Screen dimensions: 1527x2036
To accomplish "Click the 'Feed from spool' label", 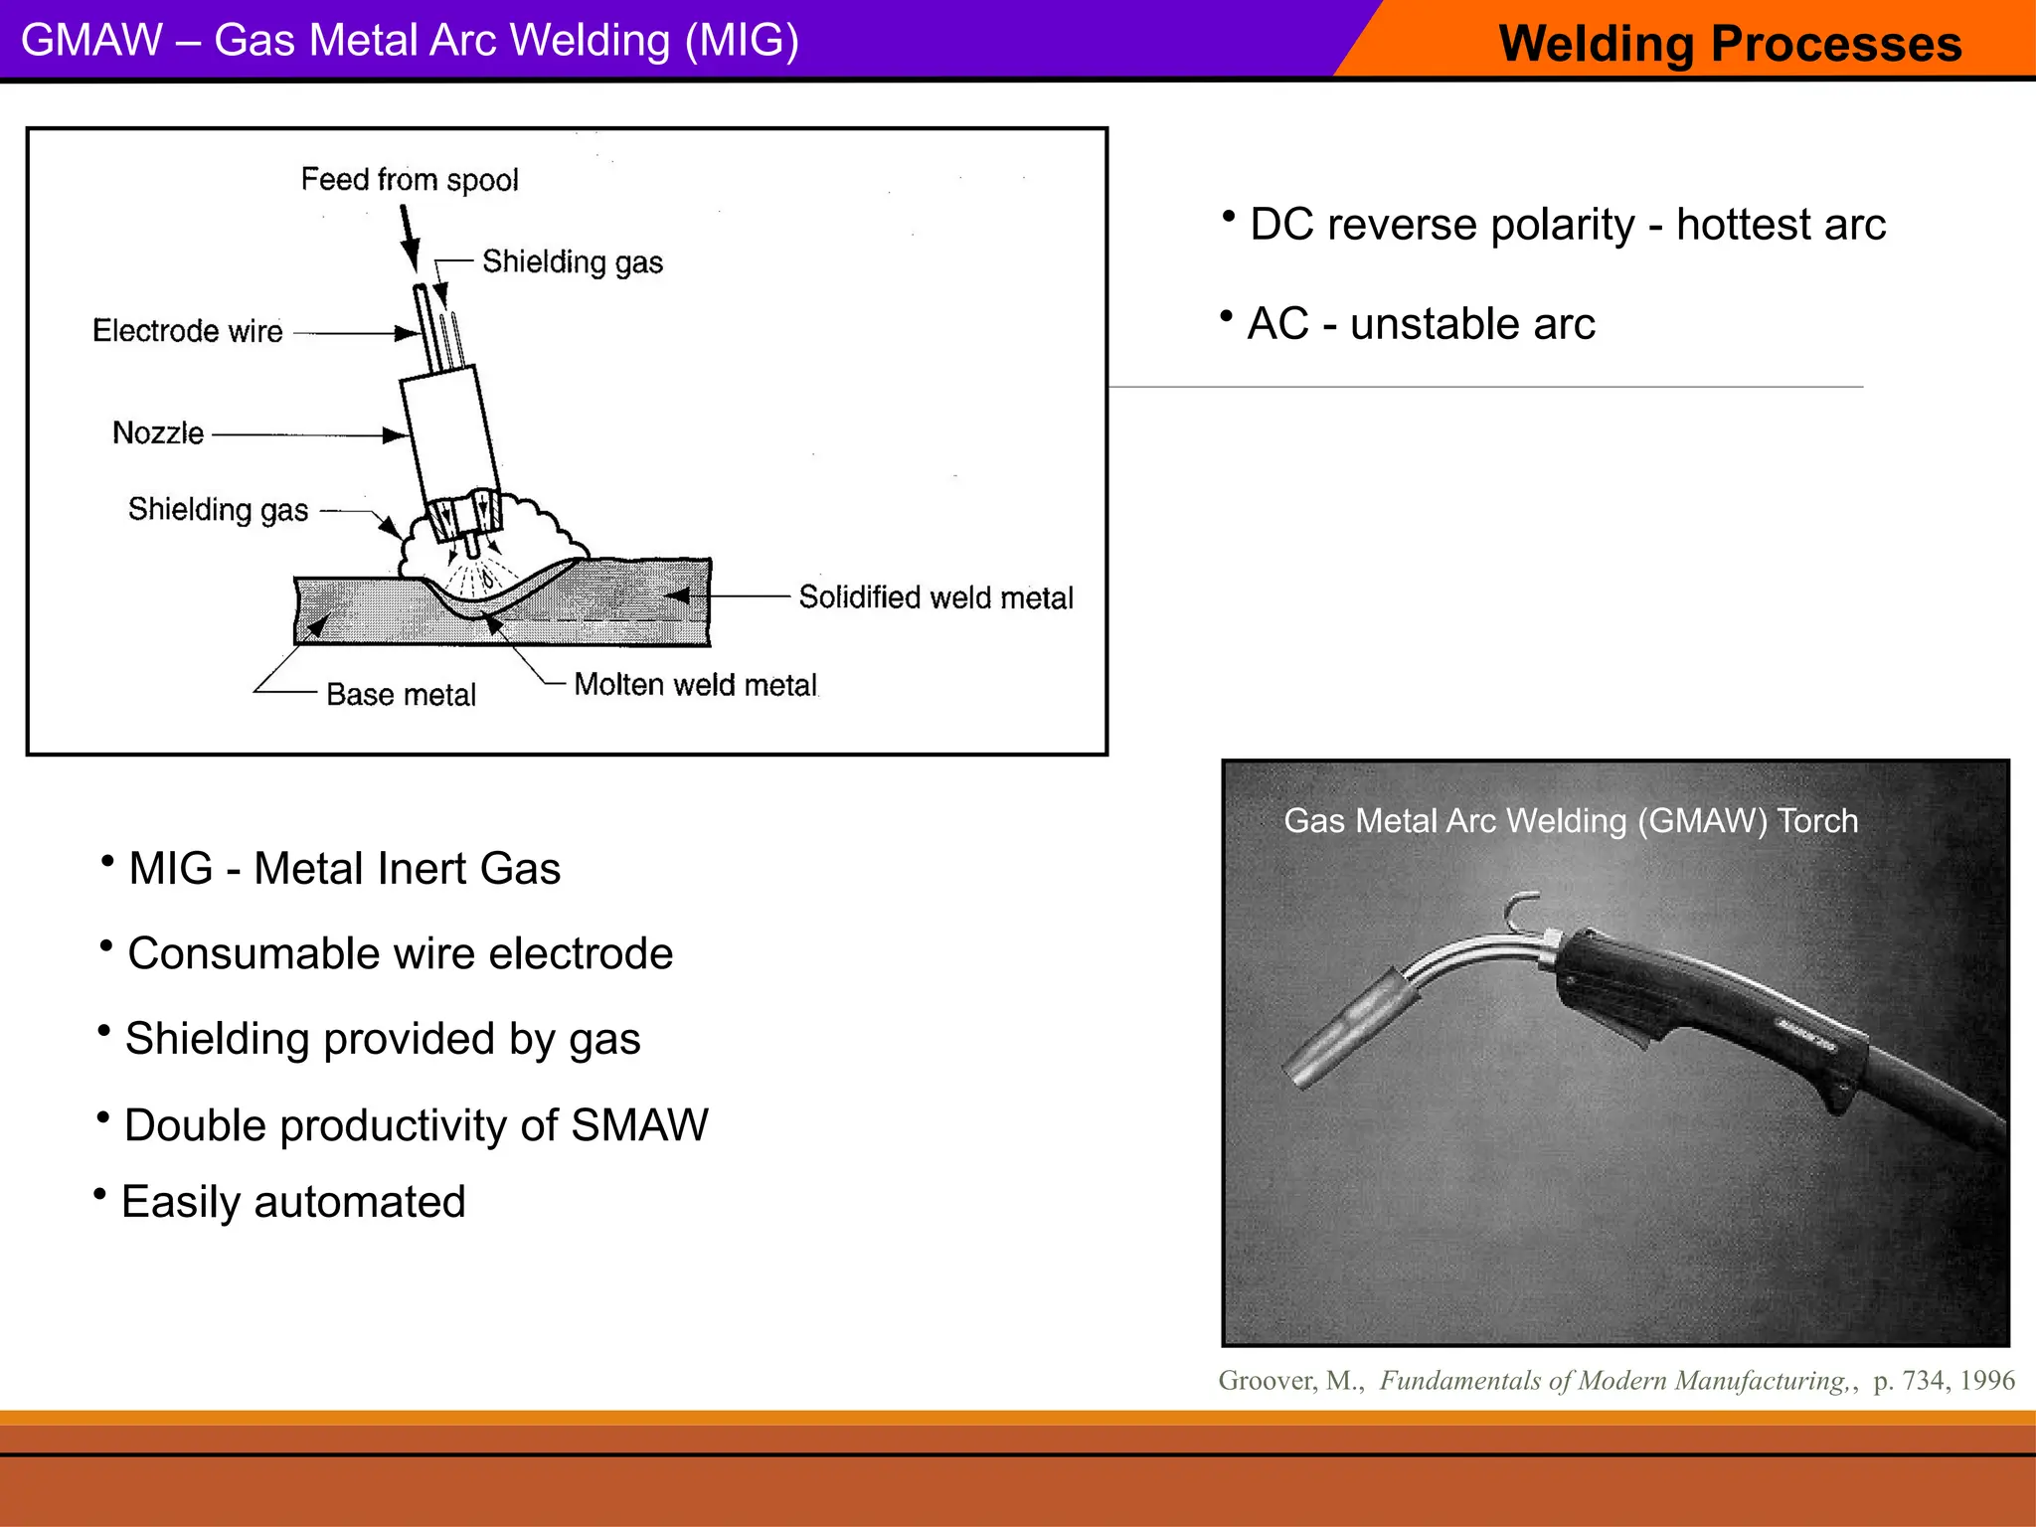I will point(410,180).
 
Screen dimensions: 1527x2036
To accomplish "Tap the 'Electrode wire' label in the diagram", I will point(188,331).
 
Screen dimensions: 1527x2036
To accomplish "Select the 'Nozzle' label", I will point(158,433).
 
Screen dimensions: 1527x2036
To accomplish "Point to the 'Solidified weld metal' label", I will point(935,597).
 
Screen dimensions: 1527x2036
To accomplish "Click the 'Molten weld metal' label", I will point(695,685).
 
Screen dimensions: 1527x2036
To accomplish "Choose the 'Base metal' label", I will point(401,695).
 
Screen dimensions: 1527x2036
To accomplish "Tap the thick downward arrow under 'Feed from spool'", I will point(409,239).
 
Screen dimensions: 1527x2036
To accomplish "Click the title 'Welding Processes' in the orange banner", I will point(1730,44).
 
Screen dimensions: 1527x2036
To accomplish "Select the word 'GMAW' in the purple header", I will point(91,41).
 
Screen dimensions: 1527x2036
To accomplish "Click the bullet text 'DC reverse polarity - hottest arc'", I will point(1567,225).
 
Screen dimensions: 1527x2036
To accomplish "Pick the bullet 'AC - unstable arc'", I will point(1421,324).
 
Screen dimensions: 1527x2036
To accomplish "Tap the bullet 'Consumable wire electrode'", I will point(400,953).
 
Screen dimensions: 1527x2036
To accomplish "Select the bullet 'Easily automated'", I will point(293,1202).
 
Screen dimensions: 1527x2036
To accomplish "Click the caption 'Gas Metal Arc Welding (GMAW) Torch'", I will point(1571,821).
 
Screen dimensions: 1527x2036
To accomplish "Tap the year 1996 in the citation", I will point(1987,1381).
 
